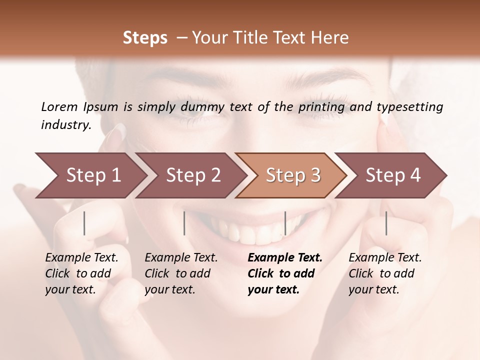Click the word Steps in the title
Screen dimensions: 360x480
pos(145,38)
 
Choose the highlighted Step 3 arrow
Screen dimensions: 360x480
pos(293,175)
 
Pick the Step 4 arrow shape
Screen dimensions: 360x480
pos(393,175)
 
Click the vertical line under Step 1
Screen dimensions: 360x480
pos(84,223)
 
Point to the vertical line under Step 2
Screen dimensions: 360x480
pos(184,223)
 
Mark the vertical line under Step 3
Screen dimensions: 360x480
pos(285,223)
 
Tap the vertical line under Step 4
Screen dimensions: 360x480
pos(386,223)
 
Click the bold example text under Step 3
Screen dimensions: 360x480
pos(285,273)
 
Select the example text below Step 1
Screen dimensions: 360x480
pos(81,273)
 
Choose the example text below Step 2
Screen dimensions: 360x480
pos(181,273)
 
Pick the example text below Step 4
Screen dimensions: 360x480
pos(385,273)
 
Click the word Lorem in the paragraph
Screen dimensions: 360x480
pos(59,106)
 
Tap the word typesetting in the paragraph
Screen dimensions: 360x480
pos(409,107)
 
